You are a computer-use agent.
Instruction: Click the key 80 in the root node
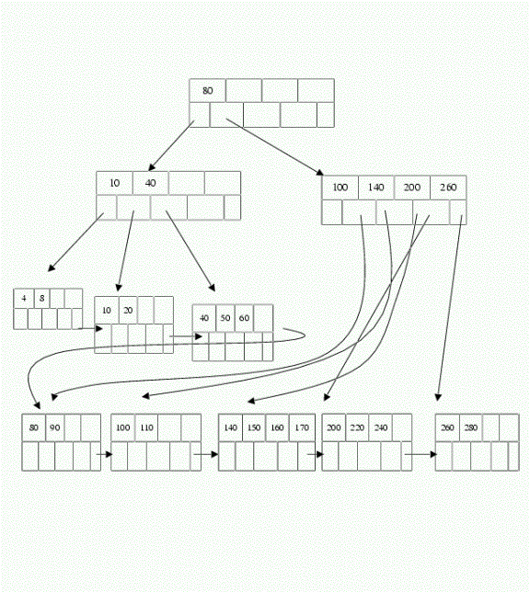[208, 91]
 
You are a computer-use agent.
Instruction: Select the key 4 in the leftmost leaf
[24, 298]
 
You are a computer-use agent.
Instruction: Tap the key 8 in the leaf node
[41, 298]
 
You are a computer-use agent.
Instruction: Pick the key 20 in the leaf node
[128, 311]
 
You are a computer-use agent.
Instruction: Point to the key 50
[225, 318]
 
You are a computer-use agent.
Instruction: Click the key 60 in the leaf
[244, 318]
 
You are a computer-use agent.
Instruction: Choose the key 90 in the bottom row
[55, 427]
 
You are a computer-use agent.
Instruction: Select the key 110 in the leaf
[146, 427]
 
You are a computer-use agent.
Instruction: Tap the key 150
[254, 427]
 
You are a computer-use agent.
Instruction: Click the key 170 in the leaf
[302, 427]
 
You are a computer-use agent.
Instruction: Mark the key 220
[357, 427]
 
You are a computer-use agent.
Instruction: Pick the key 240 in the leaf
[381, 427]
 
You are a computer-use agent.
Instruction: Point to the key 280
[471, 427]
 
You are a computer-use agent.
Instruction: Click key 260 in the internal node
[448, 188]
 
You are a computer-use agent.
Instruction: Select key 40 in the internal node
[151, 183]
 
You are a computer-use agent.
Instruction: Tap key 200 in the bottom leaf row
[334, 427]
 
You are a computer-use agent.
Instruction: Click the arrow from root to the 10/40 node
[171, 146]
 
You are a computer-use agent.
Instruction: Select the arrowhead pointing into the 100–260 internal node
[320, 173]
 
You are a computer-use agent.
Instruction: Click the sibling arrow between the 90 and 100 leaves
[105, 454]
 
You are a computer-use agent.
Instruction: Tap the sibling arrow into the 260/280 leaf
[421, 454]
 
